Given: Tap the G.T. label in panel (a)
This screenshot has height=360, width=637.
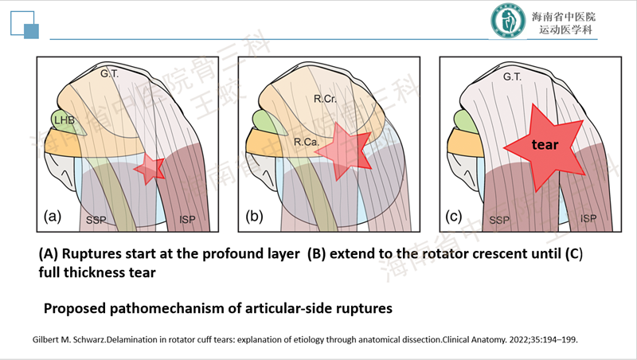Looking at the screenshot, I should point(110,74).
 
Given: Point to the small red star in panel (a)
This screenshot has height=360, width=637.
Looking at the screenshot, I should point(148,168).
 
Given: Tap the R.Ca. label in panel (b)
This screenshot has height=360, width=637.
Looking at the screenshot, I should point(306,142).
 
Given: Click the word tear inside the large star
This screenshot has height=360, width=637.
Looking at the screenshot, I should point(545,145).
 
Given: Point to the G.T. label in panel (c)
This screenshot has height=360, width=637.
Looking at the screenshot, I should point(514,76).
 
